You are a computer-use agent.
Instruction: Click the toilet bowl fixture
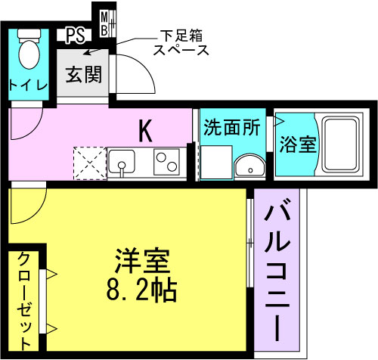tap(29, 49)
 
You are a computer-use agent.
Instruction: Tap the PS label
tap(75, 36)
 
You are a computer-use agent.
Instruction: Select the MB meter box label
tap(104, 24)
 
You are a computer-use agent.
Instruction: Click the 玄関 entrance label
tap(84, 74)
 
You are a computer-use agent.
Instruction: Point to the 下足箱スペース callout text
tap(181, 43)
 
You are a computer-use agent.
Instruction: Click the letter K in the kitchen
tap(146, 131)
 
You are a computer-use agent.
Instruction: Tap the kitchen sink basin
tap(122, 161)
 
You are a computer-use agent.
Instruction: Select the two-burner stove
tap(166, 162)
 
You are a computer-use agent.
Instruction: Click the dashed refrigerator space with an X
tap(90, 163)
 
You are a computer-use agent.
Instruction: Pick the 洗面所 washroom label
tap(232, 127)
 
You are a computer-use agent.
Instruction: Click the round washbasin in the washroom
tap(249, 166)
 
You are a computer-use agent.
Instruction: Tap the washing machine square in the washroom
tap(216, 163)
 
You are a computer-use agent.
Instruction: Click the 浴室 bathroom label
tap(297, 144)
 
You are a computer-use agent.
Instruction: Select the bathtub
tap(340, 144)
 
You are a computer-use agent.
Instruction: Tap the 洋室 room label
tap(141, 260)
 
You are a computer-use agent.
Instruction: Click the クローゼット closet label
tap(24, 301)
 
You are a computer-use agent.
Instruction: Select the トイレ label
tap(28, 85)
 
